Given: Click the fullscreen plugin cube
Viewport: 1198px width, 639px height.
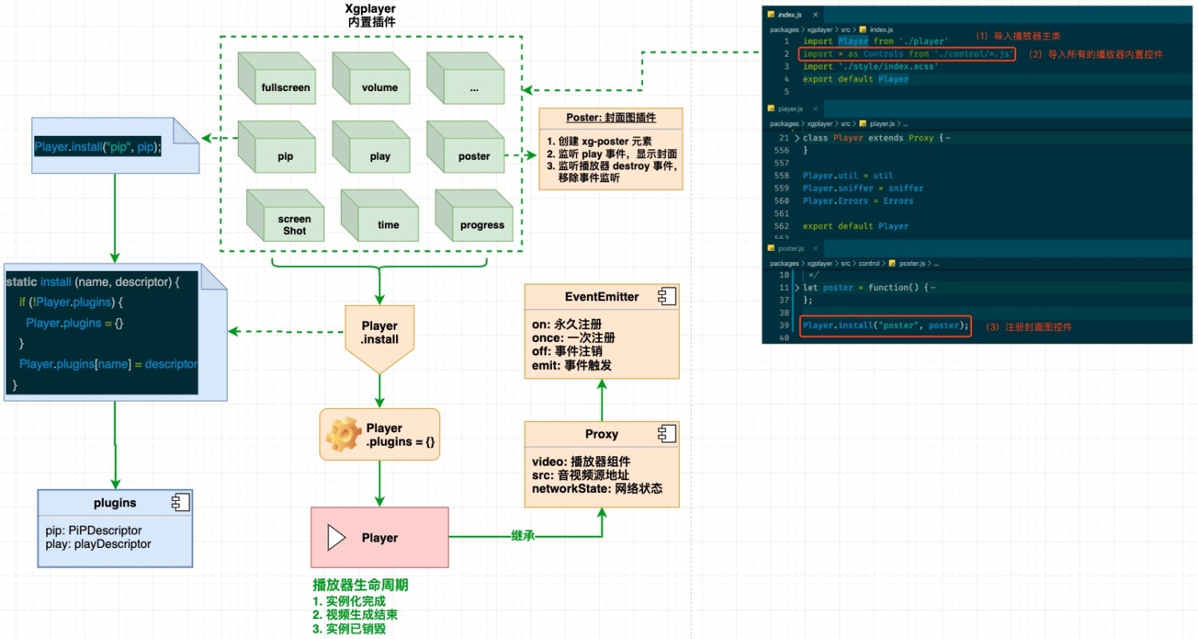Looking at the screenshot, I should (276, 80).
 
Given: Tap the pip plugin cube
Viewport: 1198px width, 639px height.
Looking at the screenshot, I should (276, 149).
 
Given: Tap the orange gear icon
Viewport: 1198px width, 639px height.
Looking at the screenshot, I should (344, 435).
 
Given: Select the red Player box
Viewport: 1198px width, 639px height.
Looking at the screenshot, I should (379, 538).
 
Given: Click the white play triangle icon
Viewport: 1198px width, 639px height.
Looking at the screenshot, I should (336, 538).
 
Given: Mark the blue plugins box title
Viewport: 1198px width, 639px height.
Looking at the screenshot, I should (115, 503).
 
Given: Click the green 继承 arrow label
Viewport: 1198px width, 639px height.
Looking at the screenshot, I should (522, 537).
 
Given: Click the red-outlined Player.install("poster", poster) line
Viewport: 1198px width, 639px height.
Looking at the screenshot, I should (885, 326).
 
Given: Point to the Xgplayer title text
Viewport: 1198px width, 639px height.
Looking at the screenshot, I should (371, 9).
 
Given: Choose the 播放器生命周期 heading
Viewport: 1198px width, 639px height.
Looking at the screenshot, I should (360, 585).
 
